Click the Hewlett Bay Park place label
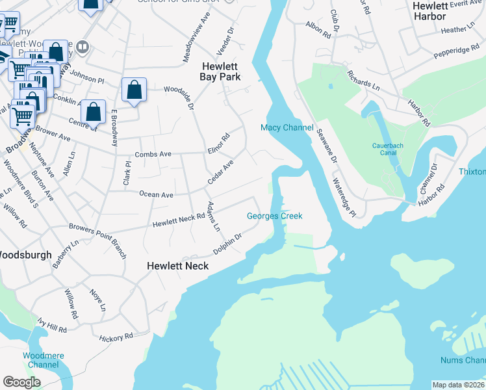pyautogui.click(x=221, y=71)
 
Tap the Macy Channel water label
pyautogui.click(x=287, y=127)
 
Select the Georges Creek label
pyautogui.click(x=275, y=216)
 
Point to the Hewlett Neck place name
pyautogui.click(x=177, y=266)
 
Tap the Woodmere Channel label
pyautogui.click(x=40, y=360)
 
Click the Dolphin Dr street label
pyautogui.click(x=228, y=245)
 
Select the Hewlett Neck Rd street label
pyautogui.click(x=179, y=221)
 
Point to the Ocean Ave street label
pyautogui.click(x=156, y=194)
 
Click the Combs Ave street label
pyautogui.click(x=153, y=154)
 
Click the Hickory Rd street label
pyautogui.click(x=116, y=337)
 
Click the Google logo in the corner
pyautogui.click(x=21, y=382)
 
